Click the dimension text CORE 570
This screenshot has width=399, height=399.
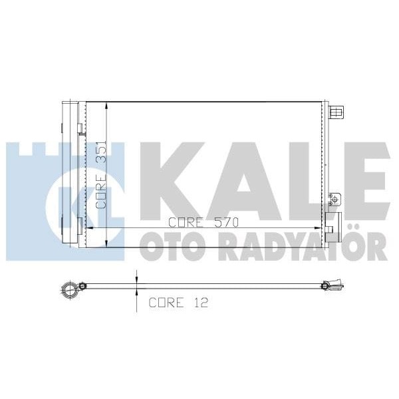point(203,222)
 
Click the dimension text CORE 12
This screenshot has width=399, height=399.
point(178,303)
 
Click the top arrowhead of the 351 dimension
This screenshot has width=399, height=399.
point(107,106)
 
